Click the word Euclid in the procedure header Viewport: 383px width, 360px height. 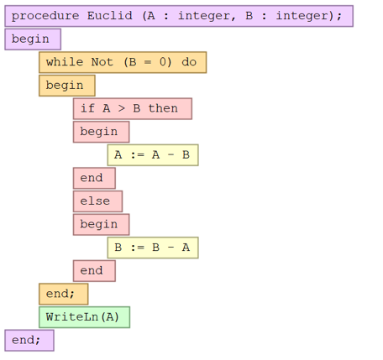[110, 16]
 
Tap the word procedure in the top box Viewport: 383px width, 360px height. [45, 16]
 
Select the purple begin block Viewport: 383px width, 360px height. [33, 39]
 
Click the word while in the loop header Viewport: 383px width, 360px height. [65, 62]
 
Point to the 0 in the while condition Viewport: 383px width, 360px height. [163, 62]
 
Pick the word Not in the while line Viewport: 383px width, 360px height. [102, 62]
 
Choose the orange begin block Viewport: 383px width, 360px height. [67, 86]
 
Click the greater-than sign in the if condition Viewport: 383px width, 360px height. [121, 108]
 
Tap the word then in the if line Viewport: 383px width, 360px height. [163, 108]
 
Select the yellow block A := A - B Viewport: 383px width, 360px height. [153, 155]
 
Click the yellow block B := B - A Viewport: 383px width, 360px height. [153, 248]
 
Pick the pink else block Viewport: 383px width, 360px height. [97, 201]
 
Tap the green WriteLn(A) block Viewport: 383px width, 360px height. [84, 317]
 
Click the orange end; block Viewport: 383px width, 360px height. [64, 294]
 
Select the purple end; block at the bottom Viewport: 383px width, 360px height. [29, 341]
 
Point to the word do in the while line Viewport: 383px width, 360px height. [189, 62]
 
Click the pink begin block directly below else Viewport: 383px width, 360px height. [102, 224]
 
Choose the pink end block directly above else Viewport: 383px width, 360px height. [94, 178]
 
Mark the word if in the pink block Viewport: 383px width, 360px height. [87, 108]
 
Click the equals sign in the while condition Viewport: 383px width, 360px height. [148, 62]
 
